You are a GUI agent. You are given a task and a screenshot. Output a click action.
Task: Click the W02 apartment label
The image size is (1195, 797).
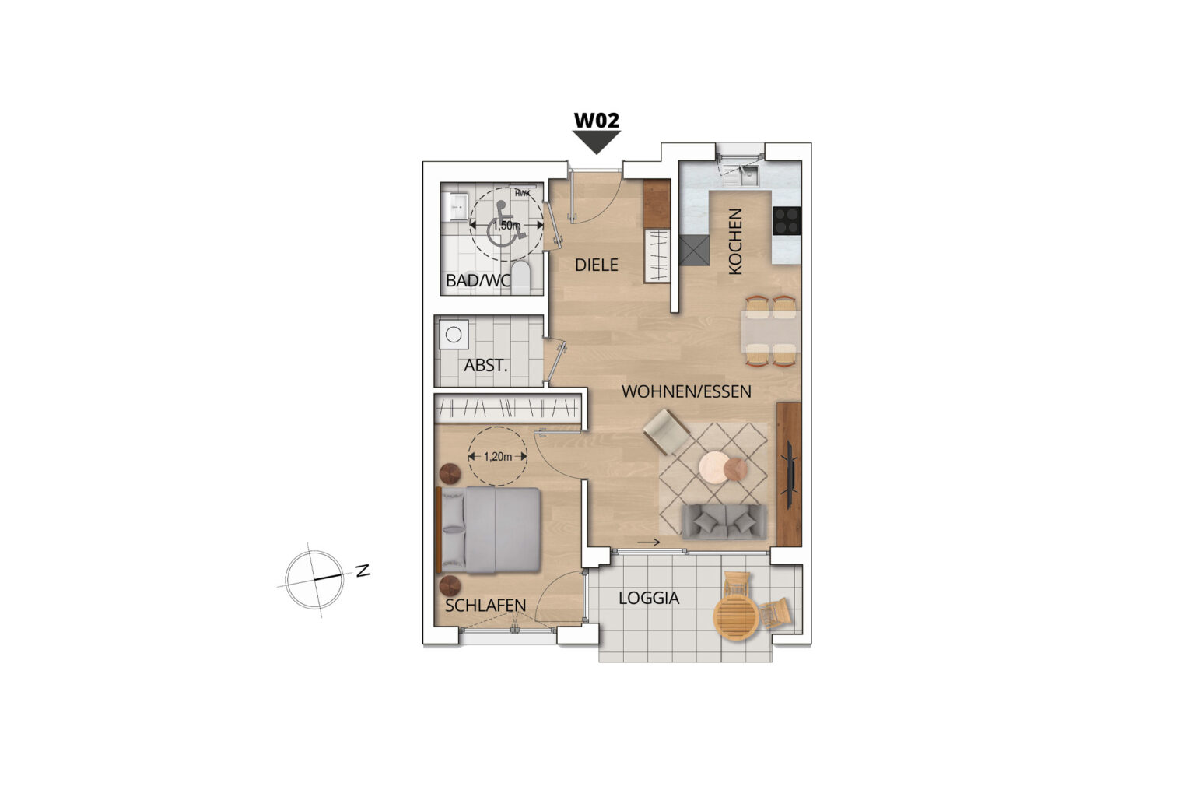[597, 120]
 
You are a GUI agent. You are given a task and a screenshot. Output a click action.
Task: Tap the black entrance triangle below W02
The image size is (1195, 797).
[597, 142]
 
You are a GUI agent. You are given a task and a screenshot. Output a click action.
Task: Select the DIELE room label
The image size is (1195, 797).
[597, 265]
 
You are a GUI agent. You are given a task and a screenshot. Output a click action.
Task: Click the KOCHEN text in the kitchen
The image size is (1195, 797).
[735, 242]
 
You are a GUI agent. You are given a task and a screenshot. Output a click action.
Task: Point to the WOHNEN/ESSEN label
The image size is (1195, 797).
[687, 391]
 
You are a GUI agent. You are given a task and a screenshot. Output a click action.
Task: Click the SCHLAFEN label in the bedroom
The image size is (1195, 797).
[485, 606]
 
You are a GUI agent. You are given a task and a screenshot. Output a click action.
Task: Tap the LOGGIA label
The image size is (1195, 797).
[649, 598]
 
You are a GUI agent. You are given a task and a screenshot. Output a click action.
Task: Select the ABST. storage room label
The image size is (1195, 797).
[485, 366]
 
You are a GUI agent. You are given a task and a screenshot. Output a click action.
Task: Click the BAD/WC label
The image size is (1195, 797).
[478, 280]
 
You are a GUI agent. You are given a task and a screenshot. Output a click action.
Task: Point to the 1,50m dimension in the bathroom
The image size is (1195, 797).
[506, 226]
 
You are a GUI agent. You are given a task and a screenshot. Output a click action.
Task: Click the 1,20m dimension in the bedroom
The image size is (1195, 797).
[498, 457]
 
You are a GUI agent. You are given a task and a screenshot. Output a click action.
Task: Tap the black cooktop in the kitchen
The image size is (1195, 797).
[787, 220]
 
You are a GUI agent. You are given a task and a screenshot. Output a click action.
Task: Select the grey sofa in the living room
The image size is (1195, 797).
[724, 521]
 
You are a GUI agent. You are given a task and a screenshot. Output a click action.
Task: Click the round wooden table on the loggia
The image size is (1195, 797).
[736, 617]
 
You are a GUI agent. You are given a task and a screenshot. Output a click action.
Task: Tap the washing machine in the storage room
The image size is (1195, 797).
[454, 335]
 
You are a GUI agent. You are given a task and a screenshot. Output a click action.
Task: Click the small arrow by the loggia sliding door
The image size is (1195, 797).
[649, 542]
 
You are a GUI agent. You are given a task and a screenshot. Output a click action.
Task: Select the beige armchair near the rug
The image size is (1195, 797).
[666, 431]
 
